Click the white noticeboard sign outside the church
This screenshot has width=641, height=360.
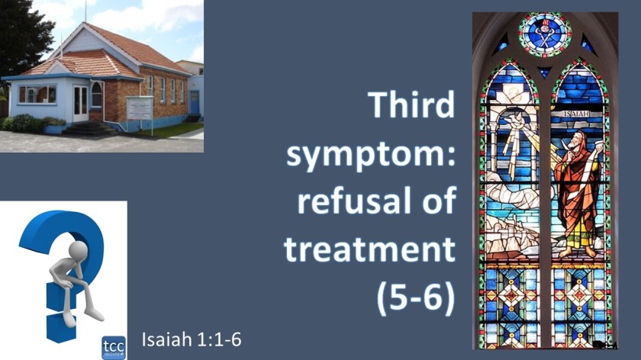pos(140,108)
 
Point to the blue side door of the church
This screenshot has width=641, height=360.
pos(195,101)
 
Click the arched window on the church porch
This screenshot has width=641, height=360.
pos(97,95)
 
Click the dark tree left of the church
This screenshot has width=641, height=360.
pos(19,38)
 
